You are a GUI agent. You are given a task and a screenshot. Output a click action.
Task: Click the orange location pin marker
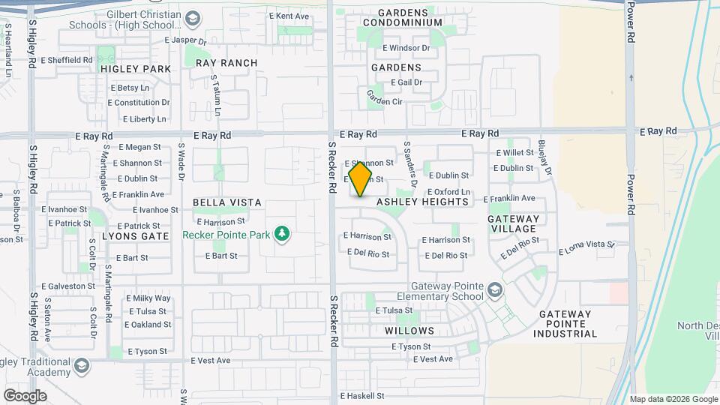[x=361, y=178]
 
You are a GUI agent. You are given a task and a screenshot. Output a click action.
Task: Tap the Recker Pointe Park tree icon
[x=282, y=235]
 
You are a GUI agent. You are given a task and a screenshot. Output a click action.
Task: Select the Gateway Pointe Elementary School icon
[x=494, y=289]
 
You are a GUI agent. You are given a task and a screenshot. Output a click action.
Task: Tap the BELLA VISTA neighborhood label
[x=227, y=202]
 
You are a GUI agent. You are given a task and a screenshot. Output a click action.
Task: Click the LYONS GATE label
[x=136, y=235]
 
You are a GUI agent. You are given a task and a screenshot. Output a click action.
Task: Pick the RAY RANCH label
[x=226, y=63]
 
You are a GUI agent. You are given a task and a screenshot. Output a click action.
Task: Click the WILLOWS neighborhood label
[x=409, y=331]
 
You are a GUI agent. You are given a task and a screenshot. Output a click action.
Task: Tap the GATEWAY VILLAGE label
[x=513, y=223]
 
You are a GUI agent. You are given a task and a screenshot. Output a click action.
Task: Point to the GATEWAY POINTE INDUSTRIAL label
[x=565, y=324]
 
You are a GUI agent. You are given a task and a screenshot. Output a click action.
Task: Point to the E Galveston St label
[x=68, y=286]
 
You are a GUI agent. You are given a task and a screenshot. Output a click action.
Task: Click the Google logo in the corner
[x=25, y=395]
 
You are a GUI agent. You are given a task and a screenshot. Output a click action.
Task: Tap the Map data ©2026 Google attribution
[x=673, y=399]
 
